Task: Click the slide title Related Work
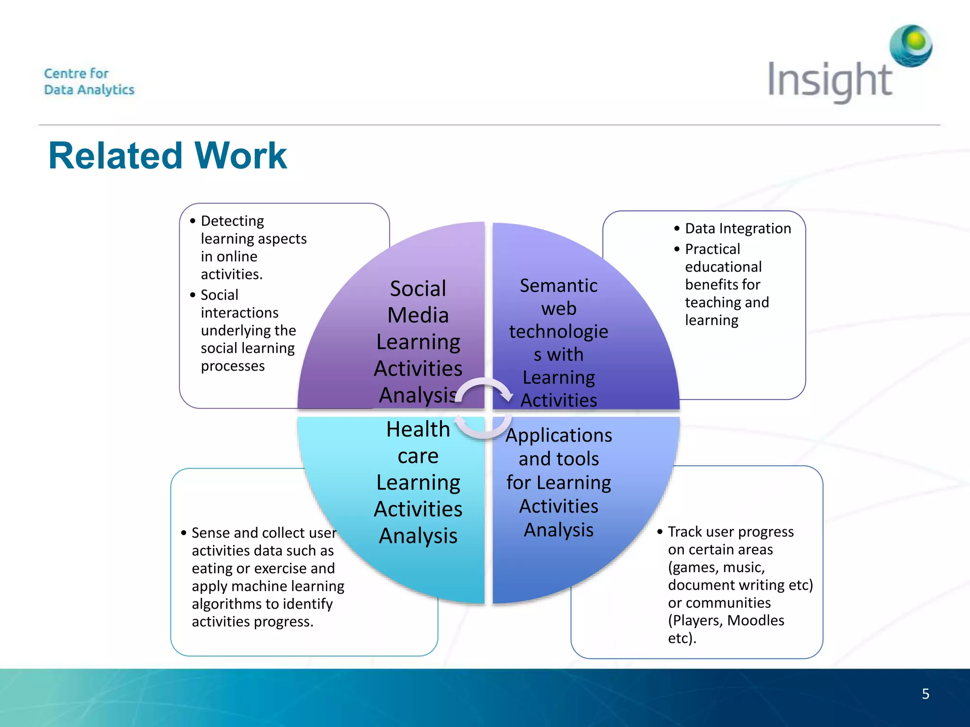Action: pyautogui.click(x=168, y=156)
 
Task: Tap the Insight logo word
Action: pyautogui.click(x=829, y=80)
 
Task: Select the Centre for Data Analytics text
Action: pyautogui.click(x=89, y=81)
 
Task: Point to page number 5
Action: pyautogui.click(x=925, y=694)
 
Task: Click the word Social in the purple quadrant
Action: pyautogui.click(x=418, y=289)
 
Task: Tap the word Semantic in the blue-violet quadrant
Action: pyautogui.click(x=558, y=286)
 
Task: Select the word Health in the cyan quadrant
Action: pyautogui.click(x=418, y=429)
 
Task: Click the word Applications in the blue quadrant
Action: pyautogui.click(x=558, y=435)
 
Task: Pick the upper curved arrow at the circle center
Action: pyautogui.click(x=485, y=389)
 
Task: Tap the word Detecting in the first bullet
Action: pyautogui.click(x=232, y=221)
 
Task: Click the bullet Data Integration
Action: pyautogui.click(x=737, y=229)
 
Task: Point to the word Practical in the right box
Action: pyautogui.click(x=712, y=249)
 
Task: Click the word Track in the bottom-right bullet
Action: pyautogui.click(x=685, y=532)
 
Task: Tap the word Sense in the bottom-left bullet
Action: pyautogui.click(x=210, y=533)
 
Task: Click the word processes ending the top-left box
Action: pyautogui.click(x=233, y=366)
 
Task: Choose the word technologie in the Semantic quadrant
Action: pyautogui.click(x=558, y=332)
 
